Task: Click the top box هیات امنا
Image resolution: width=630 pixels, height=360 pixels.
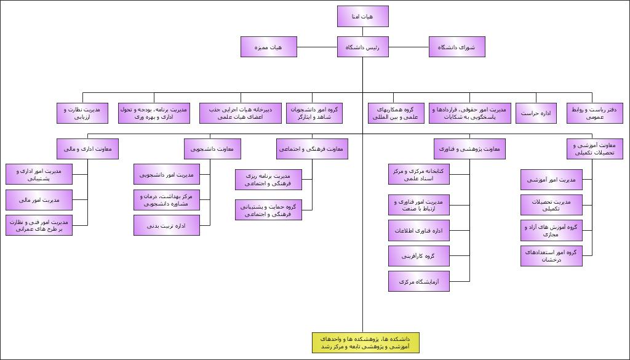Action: (362, 17)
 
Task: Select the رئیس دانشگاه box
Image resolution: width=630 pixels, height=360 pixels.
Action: (362, 47)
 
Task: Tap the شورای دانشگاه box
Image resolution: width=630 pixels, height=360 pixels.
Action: (457, 47)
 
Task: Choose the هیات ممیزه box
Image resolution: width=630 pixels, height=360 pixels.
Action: (268, 47)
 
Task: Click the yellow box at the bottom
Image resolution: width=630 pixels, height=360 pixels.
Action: (365, 343)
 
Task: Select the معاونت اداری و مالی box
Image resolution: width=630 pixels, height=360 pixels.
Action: (87, 148)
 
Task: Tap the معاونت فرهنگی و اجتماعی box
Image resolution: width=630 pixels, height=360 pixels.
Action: (312, 148)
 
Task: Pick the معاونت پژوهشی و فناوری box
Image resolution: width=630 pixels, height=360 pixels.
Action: (470, 148)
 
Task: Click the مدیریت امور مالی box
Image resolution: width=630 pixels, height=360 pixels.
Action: (39, 200)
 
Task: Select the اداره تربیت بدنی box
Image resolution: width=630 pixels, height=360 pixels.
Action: (166, 225)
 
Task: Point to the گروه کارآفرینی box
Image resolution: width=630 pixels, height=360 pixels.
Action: (418, 256)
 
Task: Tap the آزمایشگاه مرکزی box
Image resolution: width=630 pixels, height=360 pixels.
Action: (418, 281)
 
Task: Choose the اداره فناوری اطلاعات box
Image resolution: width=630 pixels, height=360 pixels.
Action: (418, 231)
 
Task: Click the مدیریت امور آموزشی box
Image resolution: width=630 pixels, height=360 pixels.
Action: (551, 180)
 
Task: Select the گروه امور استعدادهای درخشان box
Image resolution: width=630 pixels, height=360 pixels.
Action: (551, 256)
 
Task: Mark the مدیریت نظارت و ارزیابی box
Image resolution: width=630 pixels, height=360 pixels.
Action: (82, 113)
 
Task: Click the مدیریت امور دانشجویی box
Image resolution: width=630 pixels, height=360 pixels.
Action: (166, 175)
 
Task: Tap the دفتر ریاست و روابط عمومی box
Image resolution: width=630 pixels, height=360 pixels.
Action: (595, 113)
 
